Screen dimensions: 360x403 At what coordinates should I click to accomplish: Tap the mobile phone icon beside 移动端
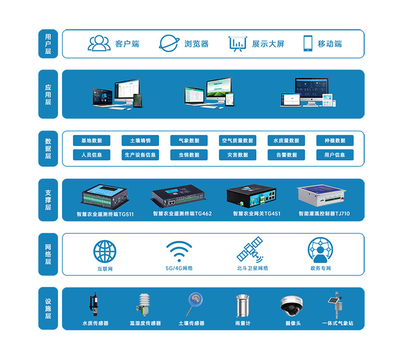308,43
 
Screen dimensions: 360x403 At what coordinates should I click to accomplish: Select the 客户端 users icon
99,43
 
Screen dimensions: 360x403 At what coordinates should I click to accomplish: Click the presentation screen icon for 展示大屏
237,44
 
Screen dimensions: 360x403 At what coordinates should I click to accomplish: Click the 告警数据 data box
286,155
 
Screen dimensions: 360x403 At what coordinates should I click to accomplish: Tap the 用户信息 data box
335,155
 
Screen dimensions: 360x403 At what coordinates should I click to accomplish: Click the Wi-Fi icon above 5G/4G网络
179,251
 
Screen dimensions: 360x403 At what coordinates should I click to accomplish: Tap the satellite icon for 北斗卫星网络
251,250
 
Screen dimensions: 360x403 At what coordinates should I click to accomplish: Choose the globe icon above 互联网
105,251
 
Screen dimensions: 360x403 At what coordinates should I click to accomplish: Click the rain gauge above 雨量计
242,305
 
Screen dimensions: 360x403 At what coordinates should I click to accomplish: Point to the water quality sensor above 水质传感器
94,304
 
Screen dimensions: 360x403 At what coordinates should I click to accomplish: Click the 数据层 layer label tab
48,149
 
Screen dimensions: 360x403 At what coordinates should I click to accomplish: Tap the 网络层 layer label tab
48,254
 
